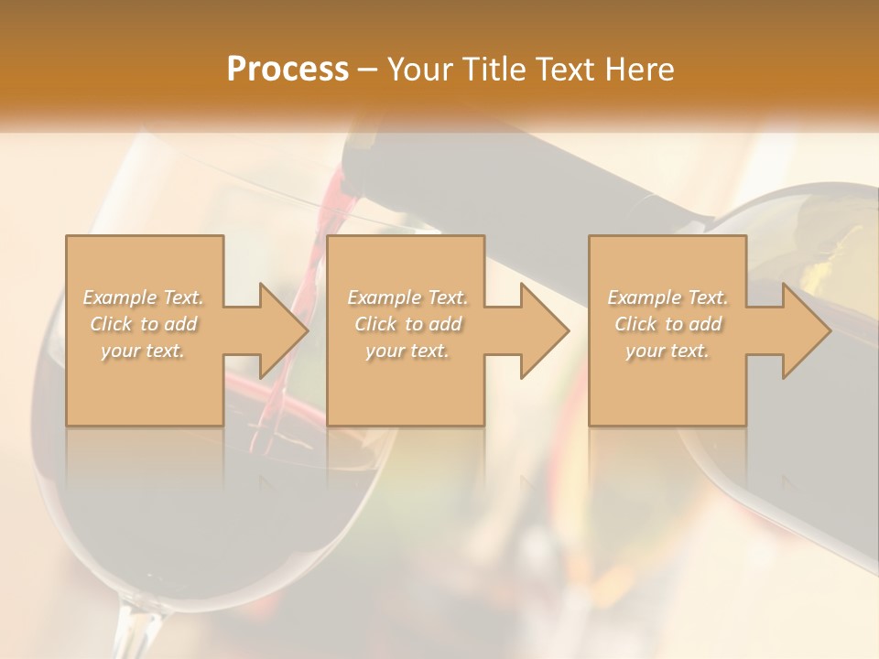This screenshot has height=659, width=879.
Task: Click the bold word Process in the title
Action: [288, 70]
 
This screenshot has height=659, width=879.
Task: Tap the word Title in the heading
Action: [499, 70]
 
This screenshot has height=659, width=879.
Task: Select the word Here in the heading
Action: [640, 70]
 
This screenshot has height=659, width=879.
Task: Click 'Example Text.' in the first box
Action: [144, 297]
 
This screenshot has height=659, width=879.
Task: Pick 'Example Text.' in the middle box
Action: [407, 297]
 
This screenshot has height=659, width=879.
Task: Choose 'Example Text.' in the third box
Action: [667, 297]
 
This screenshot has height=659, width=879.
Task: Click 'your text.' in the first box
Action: [144, 351]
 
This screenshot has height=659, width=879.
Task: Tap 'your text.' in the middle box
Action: [407, 351]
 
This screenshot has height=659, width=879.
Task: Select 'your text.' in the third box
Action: [667, 351]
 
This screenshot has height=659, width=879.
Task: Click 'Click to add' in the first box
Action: [144, 324]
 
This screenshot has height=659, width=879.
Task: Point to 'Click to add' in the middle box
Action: [407, 324]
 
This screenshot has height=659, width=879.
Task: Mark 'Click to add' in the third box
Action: [667, 324]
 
